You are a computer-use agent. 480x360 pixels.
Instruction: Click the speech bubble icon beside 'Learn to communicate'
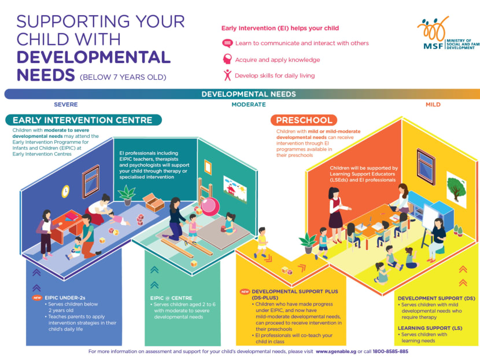(227, 43)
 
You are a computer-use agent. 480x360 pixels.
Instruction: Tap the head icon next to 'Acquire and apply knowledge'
(227, 59)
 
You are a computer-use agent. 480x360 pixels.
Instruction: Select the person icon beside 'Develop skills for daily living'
(227, 75)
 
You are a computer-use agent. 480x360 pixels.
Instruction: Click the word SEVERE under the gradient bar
(65, 105)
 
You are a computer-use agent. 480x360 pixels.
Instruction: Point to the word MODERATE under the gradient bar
(249, 105)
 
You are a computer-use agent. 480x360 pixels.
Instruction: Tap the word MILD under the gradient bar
(433, 105)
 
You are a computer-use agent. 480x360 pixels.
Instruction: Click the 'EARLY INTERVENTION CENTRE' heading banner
(83, 120)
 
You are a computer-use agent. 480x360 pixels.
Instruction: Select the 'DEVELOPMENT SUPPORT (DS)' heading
(437, 297)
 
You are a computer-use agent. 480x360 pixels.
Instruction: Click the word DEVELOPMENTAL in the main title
(94, 57)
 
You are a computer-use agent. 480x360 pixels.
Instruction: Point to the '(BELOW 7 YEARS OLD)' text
(123, 77)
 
